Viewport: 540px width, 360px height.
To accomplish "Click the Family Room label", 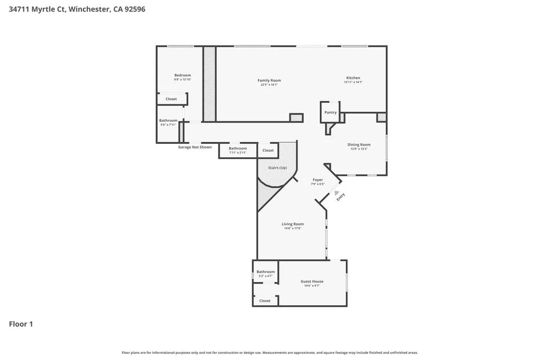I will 269,81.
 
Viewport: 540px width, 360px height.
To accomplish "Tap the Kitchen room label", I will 353,78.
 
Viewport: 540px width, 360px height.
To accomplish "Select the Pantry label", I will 330,112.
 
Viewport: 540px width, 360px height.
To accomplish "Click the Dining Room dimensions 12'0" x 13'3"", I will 359,149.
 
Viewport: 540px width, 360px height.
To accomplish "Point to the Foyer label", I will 317,180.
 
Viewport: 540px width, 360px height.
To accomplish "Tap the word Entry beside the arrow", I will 341,196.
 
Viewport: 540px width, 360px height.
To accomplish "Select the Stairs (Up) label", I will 277,168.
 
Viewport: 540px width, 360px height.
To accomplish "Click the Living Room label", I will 293,224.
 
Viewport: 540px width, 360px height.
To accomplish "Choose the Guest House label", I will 312,281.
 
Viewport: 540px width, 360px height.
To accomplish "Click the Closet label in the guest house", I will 265,300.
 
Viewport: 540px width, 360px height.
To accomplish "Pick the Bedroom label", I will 182,75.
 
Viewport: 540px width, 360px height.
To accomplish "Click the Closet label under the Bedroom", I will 171,99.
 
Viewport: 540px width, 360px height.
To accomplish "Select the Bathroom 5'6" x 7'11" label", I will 168,121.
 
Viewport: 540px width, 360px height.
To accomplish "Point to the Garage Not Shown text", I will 195,147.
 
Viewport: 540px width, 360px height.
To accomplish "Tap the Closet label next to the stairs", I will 268,150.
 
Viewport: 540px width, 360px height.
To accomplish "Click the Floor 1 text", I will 21,324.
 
